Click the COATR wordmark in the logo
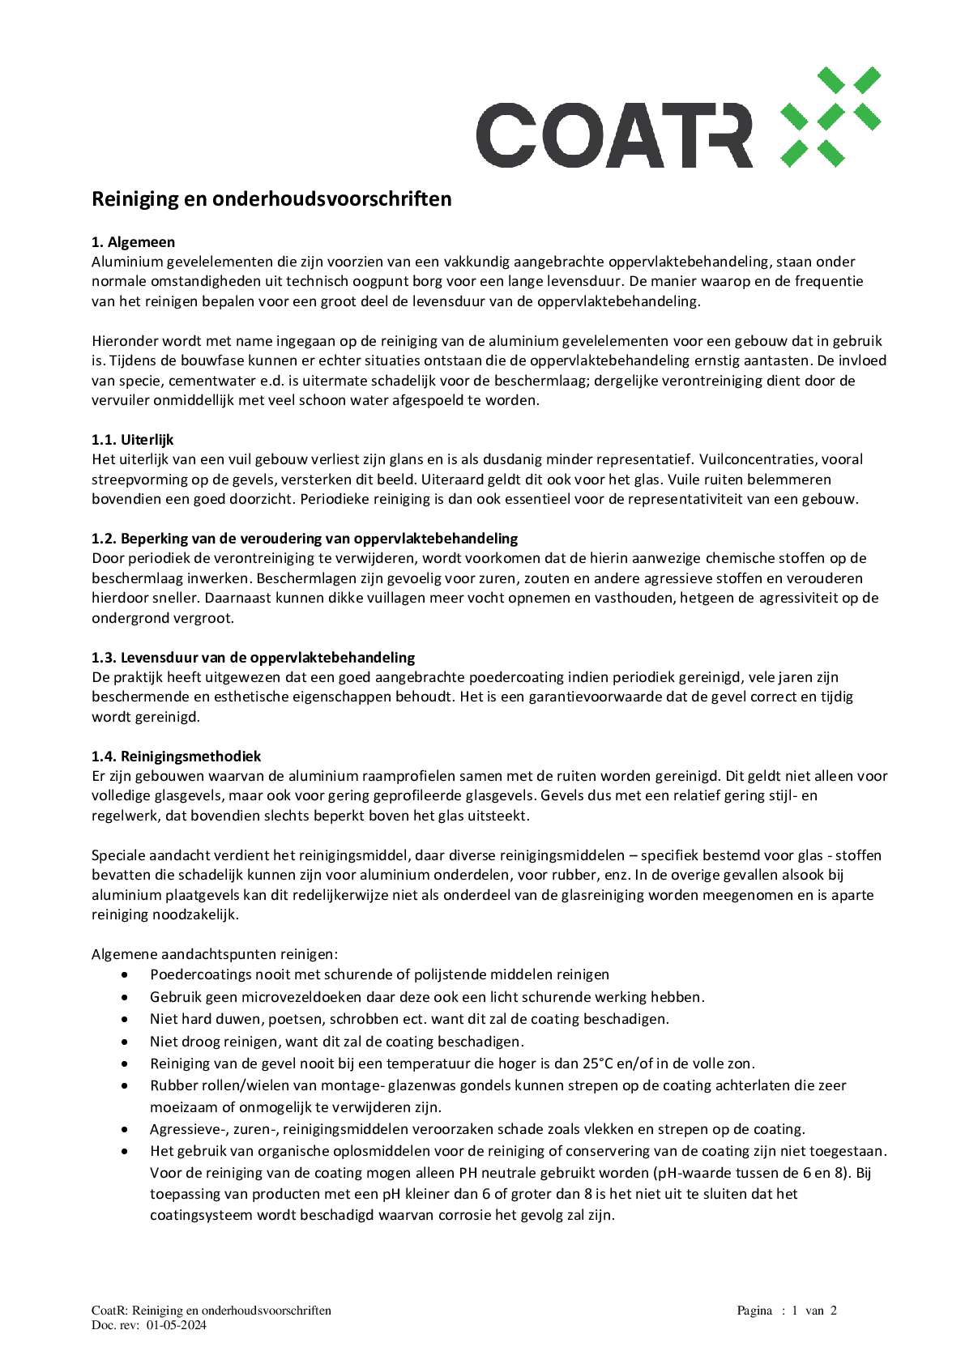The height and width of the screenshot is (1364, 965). (x=614, y=136)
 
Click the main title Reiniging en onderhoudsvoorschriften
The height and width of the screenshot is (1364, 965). (x=271, y=199)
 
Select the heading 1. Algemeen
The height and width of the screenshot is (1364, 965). (x=133, y=242)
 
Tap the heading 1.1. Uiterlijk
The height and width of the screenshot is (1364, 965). (x=132, y=440)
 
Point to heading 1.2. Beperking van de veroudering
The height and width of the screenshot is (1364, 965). (x=305, y=539)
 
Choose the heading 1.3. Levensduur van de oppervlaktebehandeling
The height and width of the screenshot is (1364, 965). (x=253, y=658)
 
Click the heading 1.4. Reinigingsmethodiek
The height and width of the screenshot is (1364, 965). (x=176, y=757)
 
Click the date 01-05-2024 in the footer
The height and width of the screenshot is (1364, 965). (x=177, y=1325)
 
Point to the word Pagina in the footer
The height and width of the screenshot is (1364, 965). (x=754, y=1311)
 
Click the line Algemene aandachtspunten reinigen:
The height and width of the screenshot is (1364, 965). (x=215, y=954)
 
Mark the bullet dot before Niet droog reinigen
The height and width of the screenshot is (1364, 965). (x=125, y=1042)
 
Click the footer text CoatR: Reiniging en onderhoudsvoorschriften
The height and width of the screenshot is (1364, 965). (x=211, y=1311)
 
